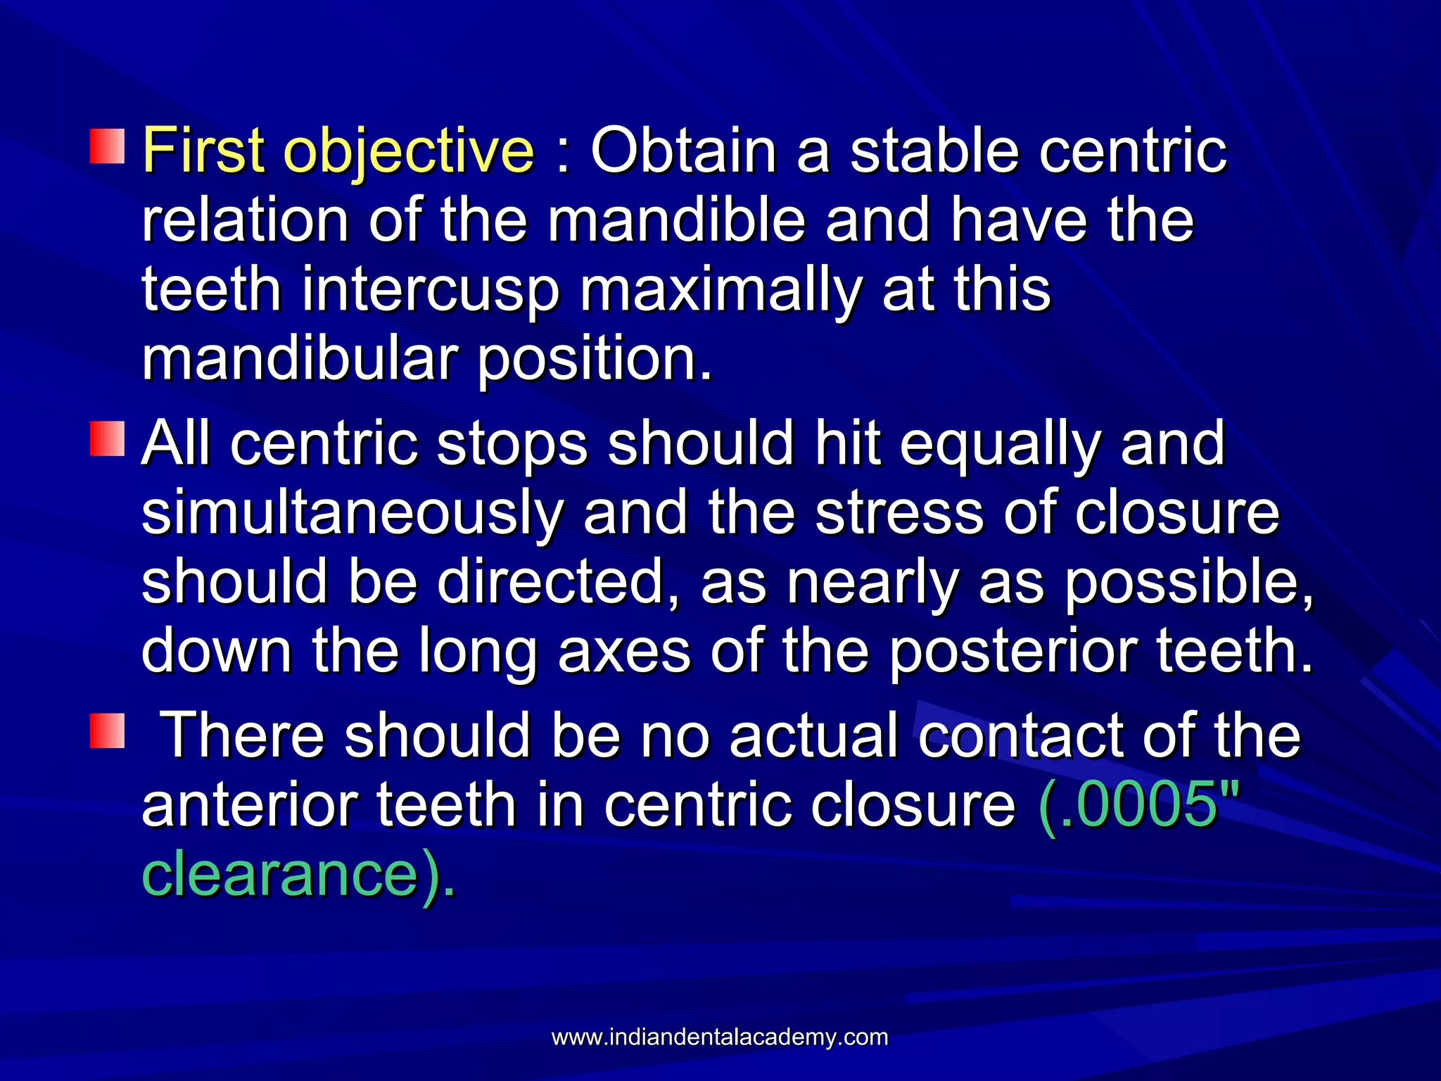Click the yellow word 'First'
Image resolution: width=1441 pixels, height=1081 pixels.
click(x=203, y=151)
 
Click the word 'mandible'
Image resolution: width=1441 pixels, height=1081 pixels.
click(x=676, y=221)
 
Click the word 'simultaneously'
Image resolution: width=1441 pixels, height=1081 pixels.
click(x=352, y=514)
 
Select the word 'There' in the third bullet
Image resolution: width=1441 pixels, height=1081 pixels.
click(x=243, y=735)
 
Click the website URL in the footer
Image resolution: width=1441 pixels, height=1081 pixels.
click(x=720, y=1037)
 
